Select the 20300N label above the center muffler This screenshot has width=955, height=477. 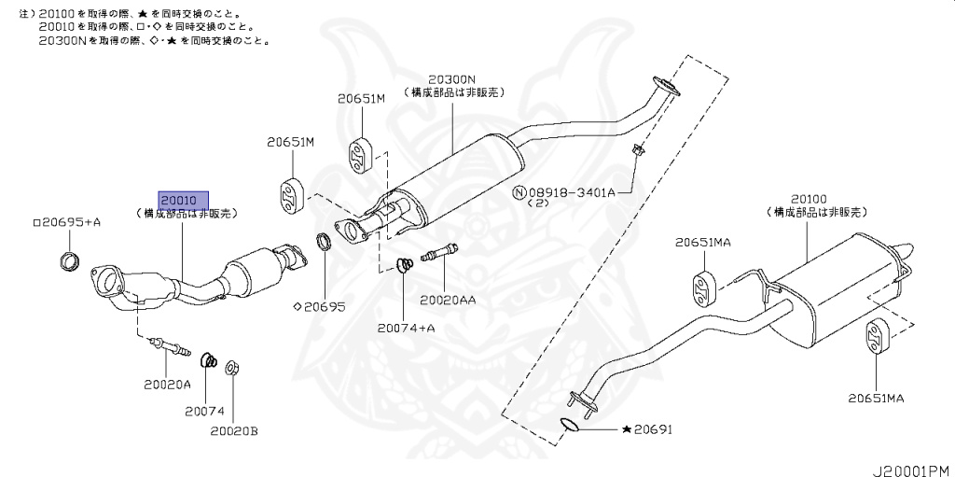[452, 80]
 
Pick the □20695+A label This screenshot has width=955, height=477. [66, 223]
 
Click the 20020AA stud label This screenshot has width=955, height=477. [448, 300]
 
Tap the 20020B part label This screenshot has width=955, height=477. [233, 431]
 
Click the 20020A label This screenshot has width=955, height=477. [167, 384]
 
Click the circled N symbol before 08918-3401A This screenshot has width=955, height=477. [519, 192]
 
